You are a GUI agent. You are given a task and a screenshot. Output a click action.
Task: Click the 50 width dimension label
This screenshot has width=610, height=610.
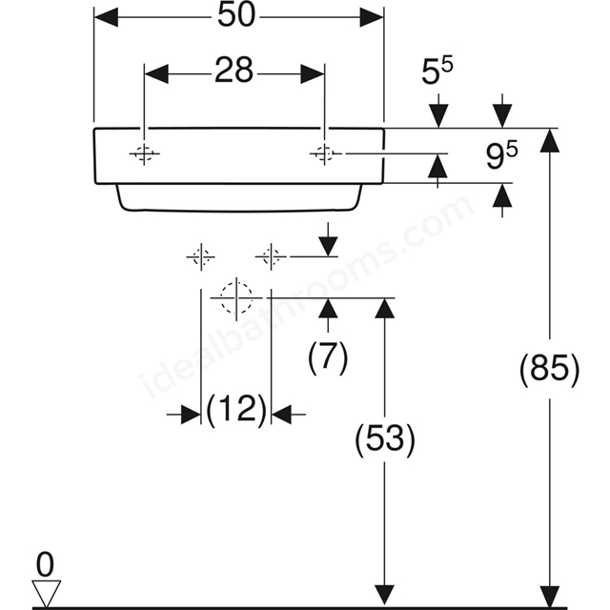tap(236, 15)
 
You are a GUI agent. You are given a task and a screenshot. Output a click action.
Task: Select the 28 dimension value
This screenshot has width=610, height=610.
tap(234, 71)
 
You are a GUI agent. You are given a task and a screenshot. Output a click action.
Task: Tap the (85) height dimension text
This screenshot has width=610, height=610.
tap(549, 368)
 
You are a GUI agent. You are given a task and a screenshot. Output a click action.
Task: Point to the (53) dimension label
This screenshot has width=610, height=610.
tap(385, 438)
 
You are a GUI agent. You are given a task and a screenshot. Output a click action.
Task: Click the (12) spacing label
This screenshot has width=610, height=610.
tap(236, 411)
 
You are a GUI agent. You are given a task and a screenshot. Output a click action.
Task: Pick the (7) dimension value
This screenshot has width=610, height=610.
tap(328, 357)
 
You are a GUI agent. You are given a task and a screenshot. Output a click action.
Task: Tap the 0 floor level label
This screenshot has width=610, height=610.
tap(45, 565)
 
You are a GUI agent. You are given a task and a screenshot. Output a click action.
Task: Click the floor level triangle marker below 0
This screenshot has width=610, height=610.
tap(46, 593)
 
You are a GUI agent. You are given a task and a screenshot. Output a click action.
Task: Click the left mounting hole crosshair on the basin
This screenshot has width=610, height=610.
tap(144, 154)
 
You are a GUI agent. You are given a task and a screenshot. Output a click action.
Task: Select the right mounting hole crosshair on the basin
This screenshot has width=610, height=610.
tap(325, 154)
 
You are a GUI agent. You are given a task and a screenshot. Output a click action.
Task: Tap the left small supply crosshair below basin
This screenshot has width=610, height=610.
tap(201, 257)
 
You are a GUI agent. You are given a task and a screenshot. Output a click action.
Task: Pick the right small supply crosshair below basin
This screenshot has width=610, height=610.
tap(271, 257)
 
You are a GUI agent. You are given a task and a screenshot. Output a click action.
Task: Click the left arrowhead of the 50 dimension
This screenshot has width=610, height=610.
tap(106, 17)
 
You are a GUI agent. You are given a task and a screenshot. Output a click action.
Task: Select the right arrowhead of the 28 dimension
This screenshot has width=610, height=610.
tap(313, 74)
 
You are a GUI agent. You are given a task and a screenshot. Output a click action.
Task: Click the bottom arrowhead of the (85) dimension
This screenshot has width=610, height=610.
tap(549, 595)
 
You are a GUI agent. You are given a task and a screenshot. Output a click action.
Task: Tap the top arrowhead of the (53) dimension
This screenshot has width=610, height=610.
tap(385, 308)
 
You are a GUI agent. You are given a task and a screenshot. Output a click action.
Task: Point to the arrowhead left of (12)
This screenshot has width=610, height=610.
tap(191, 415)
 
